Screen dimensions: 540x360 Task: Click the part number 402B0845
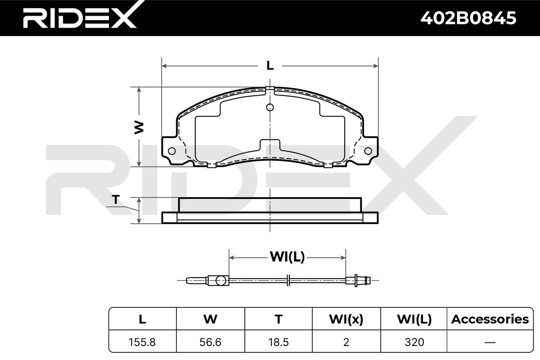(468, 18)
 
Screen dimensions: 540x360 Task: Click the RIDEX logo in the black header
(80, 16)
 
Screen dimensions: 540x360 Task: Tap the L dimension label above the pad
(270, 65)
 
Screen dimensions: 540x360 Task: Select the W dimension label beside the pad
(139, 127)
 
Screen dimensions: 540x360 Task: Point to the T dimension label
(116, 200)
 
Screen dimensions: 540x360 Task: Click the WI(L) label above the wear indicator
(288, 257)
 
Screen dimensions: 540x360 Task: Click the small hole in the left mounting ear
(171, 151)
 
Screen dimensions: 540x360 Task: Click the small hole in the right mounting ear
(368, 151)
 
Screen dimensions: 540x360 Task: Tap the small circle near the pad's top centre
(270, 107)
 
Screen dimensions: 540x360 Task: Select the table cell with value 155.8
(142, 342)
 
